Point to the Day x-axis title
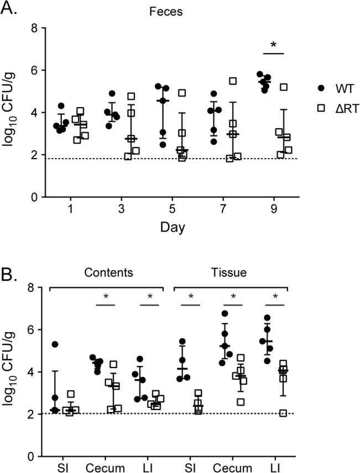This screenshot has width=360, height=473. pos(169,228)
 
